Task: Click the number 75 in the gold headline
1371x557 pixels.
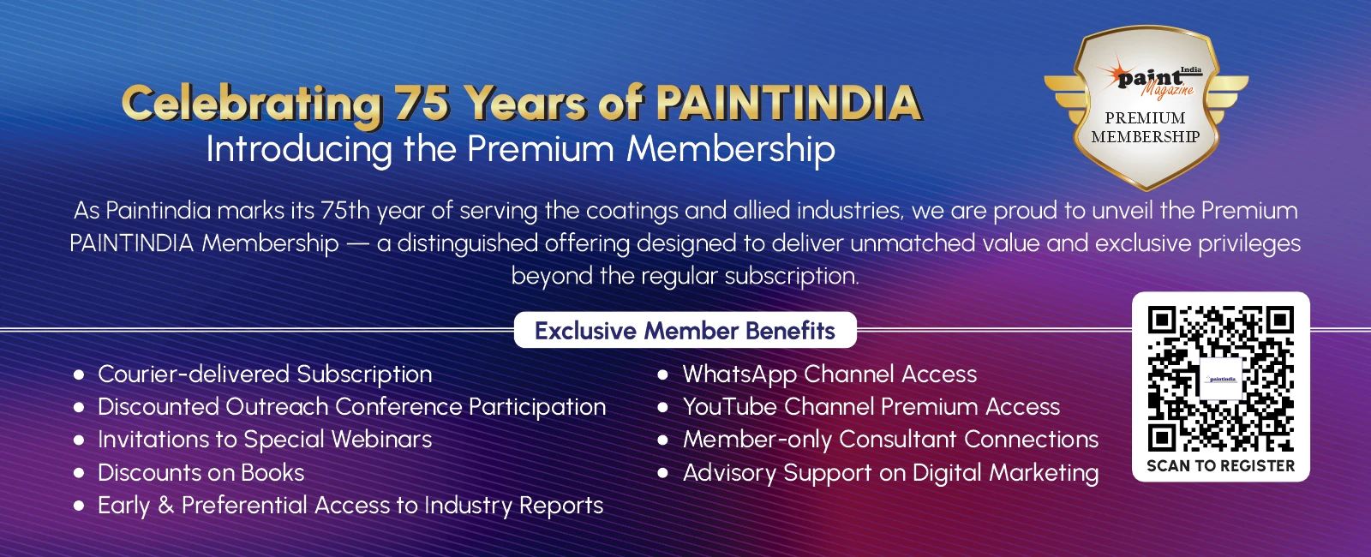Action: [422, 104]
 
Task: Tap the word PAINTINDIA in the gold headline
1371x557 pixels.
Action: [787, 104]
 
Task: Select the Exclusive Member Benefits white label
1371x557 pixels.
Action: [685, 330]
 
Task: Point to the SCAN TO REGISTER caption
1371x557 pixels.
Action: [1220, 466]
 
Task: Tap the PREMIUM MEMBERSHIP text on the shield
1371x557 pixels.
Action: [1146, 127]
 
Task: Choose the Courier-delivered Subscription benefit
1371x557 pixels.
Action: [265, 374]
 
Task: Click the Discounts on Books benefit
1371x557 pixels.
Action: [201, 473]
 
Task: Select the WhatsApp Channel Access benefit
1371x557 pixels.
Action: [829, 374]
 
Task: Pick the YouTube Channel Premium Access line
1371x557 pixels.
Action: [871, 407]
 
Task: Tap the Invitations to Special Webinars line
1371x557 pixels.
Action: [265, 440]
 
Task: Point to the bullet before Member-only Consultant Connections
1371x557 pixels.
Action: [662, 440]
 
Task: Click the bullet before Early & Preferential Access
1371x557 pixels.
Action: [79, 506]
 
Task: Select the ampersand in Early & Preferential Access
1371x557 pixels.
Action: [165, 506]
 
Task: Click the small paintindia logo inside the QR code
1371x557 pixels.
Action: [1221, 379]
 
